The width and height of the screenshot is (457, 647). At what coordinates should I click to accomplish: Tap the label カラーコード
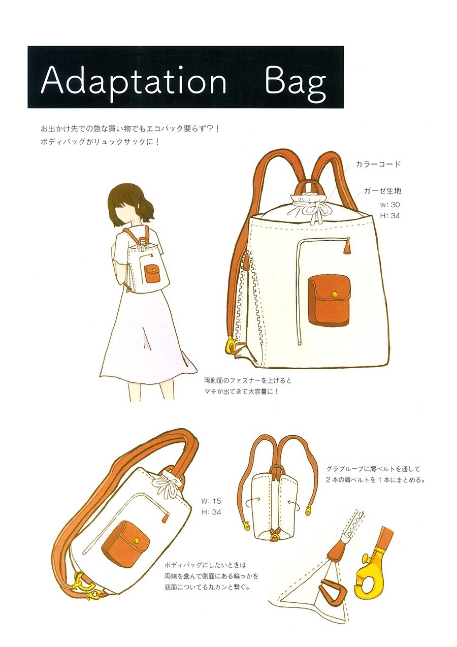(x=378, y=165)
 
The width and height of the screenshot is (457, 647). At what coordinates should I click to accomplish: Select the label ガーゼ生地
(x=382, y=191)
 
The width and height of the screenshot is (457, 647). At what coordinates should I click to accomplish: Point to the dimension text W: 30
(x=389, y=205)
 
